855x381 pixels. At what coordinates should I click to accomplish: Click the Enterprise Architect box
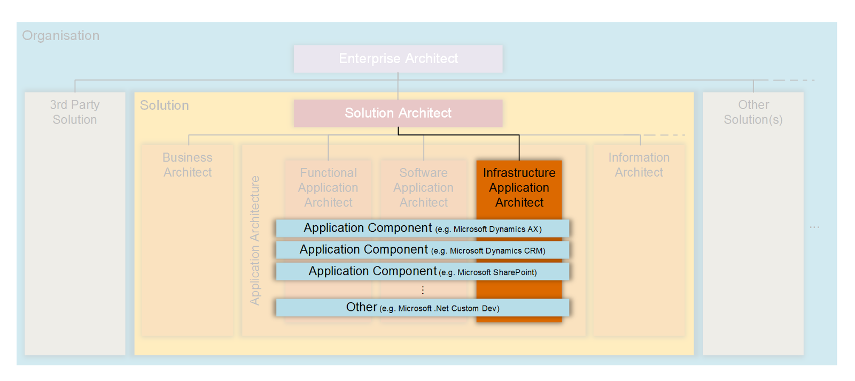(x=398, y=59)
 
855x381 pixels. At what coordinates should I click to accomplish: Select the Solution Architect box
(x=398, y=113)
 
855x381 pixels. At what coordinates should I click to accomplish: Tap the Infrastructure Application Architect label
(x=519, y=188)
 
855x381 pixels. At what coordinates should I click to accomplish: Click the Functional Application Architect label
(x=328, y=188)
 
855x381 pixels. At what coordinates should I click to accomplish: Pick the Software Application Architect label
(x=423, y=188)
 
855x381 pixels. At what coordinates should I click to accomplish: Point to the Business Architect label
(x=188, y=165)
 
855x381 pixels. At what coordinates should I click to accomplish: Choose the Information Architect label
(x=639, y=165)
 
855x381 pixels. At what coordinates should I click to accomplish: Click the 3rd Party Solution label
(x=75, y=112)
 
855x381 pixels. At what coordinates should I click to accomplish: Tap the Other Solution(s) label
(x=753, y=112)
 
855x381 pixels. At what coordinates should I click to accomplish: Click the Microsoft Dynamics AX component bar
(x=422, y=228)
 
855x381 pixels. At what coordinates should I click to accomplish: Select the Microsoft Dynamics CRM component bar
(x=422, y=250)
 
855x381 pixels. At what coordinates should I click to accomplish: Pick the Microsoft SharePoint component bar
(x=422, y=271)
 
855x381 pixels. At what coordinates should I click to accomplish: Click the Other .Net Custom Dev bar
(x=422, y=308)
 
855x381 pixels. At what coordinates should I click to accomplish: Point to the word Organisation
(x=61, y=36)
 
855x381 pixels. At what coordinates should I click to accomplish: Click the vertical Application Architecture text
(x=255, y=241)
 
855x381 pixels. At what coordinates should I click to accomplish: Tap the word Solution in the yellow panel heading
(x=165, y=105)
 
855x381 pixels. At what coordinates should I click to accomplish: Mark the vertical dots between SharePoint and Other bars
(x=423, y=289)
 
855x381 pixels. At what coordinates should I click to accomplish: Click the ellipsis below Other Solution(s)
(x=814, y=227)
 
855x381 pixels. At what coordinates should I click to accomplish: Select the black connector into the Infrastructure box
(x=519, y=147)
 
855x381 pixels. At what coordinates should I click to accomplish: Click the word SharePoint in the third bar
(x=514, y=272)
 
